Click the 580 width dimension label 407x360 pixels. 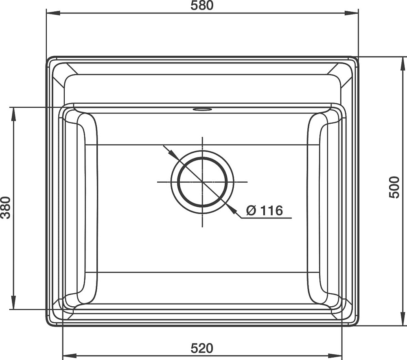(202, 5)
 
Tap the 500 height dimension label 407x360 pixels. (394, 187)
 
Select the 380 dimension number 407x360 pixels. (5, 207)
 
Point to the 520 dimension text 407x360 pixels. (202, 348)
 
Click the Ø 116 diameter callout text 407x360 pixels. (265, 210)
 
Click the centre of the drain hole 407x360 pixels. (202, 182)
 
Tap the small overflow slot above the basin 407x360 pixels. (202, 109)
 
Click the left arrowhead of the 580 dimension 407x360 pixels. (53, 13)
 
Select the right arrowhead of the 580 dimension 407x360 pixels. (352, 13)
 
